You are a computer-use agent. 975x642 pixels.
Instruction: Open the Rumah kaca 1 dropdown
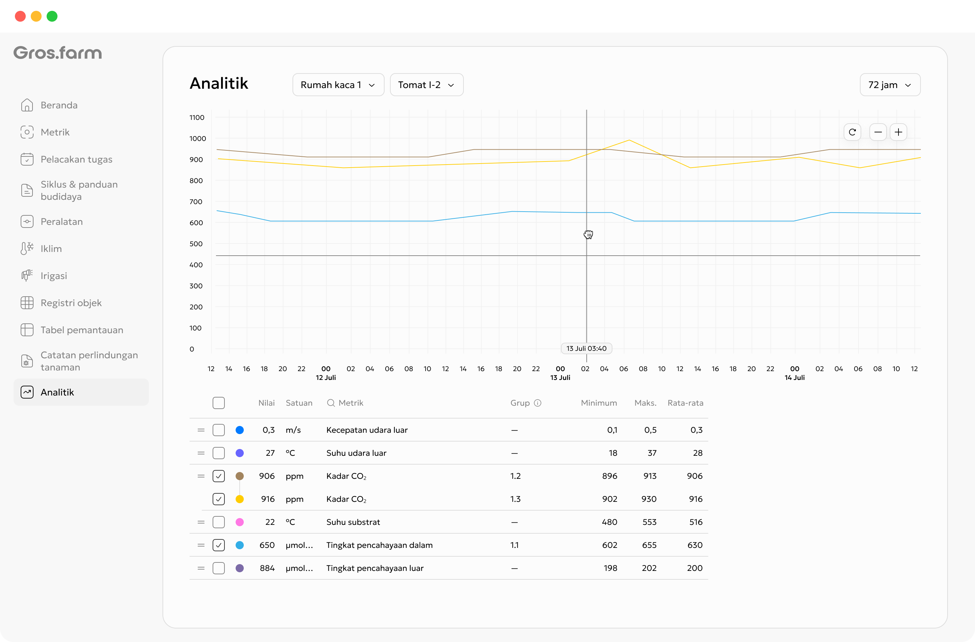pos(338,85)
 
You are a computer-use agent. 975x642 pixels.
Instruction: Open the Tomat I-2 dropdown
pos(427,85)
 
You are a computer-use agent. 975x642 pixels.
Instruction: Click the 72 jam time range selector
pos(890,85)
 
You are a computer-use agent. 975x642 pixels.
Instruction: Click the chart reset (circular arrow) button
pos(852,132)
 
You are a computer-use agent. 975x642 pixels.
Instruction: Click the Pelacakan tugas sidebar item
pos(76,159)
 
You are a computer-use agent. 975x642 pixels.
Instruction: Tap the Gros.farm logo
pos(58,53)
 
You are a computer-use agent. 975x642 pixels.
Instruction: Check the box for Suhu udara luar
pos(219,453)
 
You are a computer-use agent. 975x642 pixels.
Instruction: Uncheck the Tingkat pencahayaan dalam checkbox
pos(219,545)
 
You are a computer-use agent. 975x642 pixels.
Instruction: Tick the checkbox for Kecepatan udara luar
pos(219,430)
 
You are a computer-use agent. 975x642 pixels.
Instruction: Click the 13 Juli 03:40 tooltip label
pos(586,348)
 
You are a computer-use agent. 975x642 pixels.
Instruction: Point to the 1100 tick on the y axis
pos(197,117)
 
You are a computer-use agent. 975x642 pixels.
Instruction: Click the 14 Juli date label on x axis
pos(794,377)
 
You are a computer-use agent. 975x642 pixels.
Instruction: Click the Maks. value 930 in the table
pos(649,499)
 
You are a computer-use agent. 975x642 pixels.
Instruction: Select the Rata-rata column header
pos(685,403)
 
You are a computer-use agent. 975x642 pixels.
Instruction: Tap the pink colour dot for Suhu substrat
pos(240,522)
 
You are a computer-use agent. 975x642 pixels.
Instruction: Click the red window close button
pos(20,16)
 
